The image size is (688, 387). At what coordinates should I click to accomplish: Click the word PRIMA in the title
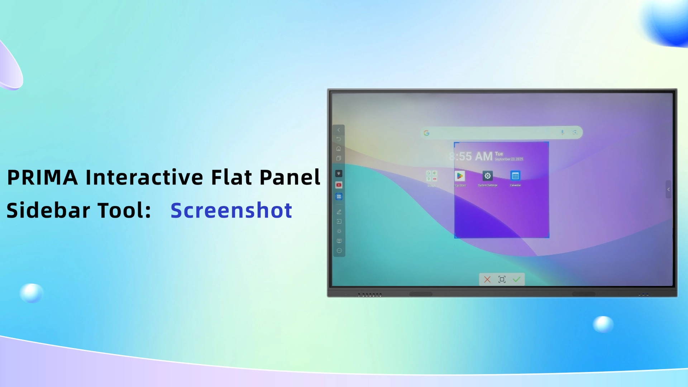tap(42, 177)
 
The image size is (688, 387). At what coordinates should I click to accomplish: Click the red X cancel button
tap(487, 279)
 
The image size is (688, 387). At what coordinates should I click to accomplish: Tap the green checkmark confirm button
tap(516, 279)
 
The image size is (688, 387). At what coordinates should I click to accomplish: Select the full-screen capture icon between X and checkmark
tap(502, 279)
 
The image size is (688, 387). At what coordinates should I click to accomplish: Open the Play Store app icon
tap(460, 176)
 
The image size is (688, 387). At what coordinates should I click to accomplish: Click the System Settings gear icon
tap(487, 176)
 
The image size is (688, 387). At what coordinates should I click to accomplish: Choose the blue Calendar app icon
tap(515, 176)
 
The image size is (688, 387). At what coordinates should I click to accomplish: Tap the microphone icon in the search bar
tap(562, 133)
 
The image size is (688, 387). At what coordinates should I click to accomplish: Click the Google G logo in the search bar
tap(426, 133)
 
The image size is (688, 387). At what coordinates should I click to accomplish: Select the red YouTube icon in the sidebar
tap(339, 185)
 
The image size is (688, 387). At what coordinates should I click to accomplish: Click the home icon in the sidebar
tap(339, 149)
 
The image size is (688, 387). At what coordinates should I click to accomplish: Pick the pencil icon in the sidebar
tap(339, 212)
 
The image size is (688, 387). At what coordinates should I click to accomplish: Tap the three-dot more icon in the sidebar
tap(339, 250)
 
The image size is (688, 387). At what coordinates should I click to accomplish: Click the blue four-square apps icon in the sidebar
tap(339, 196)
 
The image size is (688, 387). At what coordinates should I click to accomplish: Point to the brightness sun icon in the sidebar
tap(339, 231)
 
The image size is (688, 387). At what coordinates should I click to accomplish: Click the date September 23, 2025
tap(509, 159)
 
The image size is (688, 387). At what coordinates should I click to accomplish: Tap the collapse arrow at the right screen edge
tap(668, 189)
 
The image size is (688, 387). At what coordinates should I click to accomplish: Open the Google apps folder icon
tap(431, 176)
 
